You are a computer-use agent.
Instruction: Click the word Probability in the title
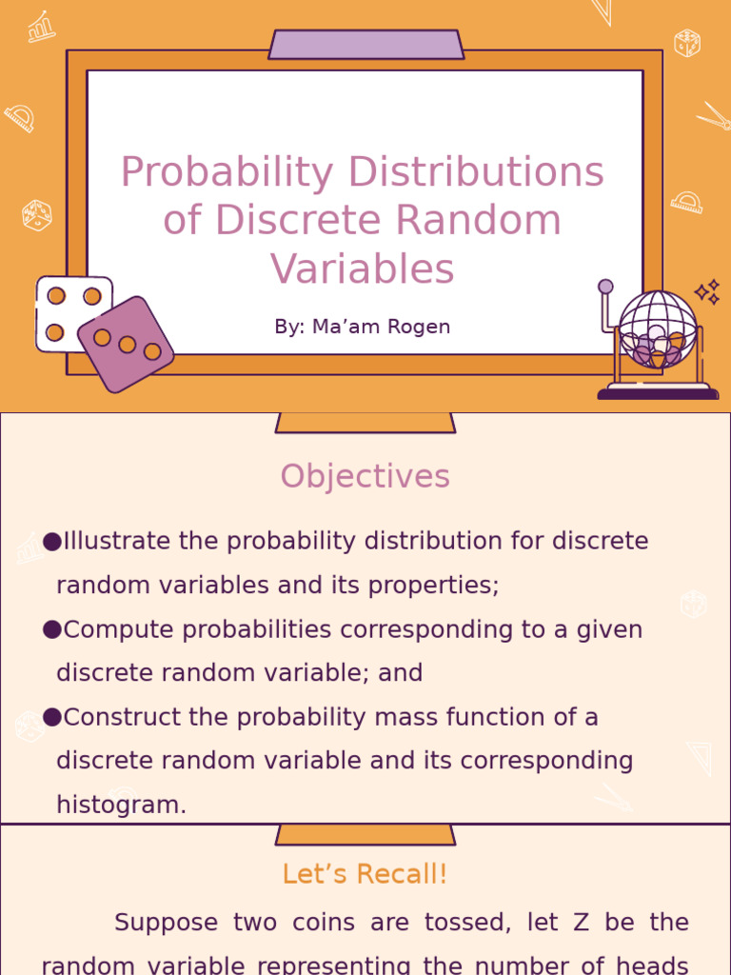[227, 173]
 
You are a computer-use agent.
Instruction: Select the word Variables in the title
[363, 269]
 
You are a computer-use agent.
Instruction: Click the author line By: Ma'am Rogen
[363, 327]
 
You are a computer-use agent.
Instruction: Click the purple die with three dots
[126, 344]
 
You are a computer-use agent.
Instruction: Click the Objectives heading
[365, 476]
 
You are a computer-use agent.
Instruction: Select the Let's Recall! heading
[365, 874]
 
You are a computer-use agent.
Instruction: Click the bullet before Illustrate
[52, 542]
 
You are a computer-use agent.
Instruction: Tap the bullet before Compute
[52, 629]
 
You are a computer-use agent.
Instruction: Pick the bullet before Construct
[52, 717]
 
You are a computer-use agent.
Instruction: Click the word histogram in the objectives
[121, 805]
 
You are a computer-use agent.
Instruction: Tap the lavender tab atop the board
[365, 45]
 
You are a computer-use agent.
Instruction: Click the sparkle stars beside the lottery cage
[707, 292]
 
